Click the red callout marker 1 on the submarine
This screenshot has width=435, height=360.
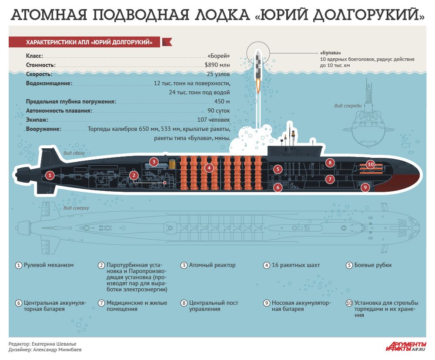(50, 175)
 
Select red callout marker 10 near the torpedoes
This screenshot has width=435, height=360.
(370, 164)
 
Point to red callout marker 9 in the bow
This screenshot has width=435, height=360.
(365, 187)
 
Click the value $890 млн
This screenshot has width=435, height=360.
(217, 65)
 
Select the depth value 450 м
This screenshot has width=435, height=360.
(222, 101)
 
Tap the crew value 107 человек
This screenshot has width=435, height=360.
(213, 120)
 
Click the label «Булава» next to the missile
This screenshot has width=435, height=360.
(331, 52)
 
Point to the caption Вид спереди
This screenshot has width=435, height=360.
(348, 105)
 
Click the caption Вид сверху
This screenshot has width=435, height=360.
(76, 208)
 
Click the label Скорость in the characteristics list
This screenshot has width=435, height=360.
(39, 74)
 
